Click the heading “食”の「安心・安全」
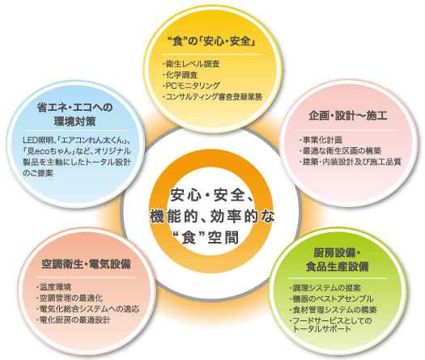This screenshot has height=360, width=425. (x=212, y=41)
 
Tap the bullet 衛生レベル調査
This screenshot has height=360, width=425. (x=191, y=64)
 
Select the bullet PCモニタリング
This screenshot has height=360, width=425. (x=191, y=86)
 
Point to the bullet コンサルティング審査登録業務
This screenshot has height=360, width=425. (x=212, y=96)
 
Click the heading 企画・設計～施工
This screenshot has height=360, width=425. (x=348, y=116)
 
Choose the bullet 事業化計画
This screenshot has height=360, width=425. (x=321, y=140)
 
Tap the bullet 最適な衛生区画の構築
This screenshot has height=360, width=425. (x=340, y=150)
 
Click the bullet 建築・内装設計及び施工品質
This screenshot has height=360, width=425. (x=350, y=162)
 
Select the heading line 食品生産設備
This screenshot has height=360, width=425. (x=338, y=266)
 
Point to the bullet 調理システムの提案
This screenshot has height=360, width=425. (x=325, y=288)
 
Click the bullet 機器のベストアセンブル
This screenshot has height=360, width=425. (x=331, y=299)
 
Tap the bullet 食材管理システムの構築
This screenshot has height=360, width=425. (x=333, y=310)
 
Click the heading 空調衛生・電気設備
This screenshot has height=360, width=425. (x=86, y=264)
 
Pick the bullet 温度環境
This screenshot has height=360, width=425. (x=53, y=287)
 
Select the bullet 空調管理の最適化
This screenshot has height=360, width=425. (x=70, y=298)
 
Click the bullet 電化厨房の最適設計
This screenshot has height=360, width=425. (x=73, y=320)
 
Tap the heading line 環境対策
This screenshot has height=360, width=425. (x=74, y=121)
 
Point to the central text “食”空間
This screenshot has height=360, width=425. (x=206, y=238)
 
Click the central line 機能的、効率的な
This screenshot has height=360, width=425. (x=212, y=216)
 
